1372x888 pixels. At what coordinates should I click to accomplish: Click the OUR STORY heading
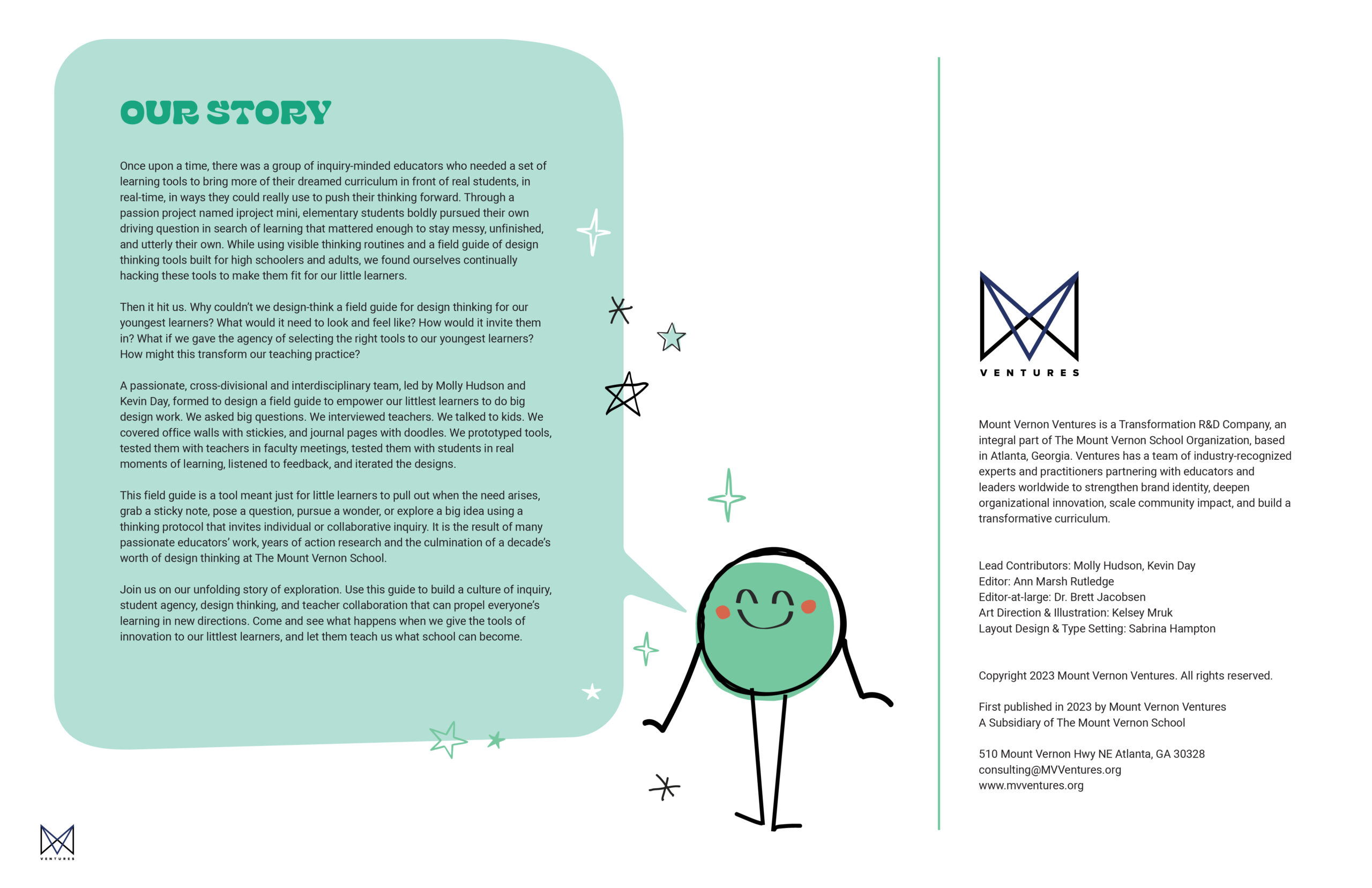click(226, 113)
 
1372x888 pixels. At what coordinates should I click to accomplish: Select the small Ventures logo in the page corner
click(57, 841)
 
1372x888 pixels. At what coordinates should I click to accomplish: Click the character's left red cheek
click(723, 612)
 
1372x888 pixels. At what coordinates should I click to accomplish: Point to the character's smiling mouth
click(765, 621)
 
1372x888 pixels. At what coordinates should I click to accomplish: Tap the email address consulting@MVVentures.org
click(1050, 769)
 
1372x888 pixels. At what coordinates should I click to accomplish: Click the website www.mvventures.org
click(1031, 785)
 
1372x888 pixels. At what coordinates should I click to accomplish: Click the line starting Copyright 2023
click(1125, 675)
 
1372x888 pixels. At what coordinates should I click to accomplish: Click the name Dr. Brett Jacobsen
click(1099, 597)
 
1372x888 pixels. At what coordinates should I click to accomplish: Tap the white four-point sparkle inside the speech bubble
click(593, 232)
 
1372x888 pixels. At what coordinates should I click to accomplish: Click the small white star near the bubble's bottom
click(592, 691)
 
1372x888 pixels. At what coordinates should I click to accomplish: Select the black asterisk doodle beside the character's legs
click(665, 787)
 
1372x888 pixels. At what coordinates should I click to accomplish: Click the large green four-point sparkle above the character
click(727, 496)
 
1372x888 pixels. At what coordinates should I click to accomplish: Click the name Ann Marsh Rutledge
click(1064, 581)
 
